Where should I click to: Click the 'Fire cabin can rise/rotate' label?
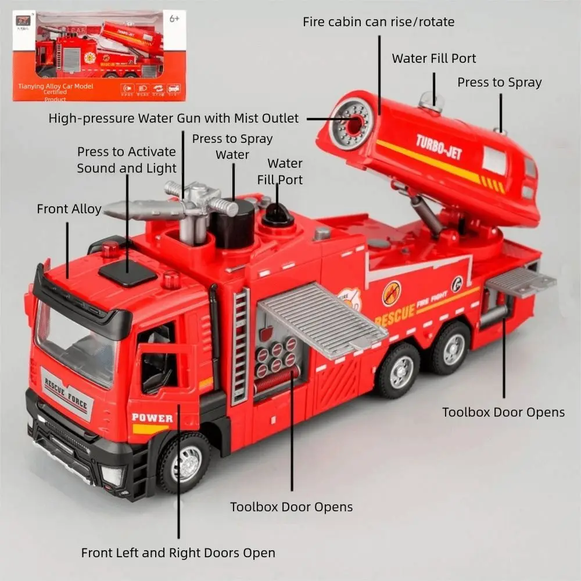[x=378, y=22]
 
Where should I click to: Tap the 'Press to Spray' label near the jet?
[x=499, y=83]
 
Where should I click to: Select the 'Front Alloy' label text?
[x=69, y=209]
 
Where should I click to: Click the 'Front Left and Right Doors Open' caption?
[x=178, y=553]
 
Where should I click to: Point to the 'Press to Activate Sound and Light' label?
[x=127, y=160]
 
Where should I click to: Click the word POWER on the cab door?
[x=152, y=418]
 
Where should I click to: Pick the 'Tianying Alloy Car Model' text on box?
[x=56, y=87]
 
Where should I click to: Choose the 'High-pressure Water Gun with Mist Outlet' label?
[x=174, y=119]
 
